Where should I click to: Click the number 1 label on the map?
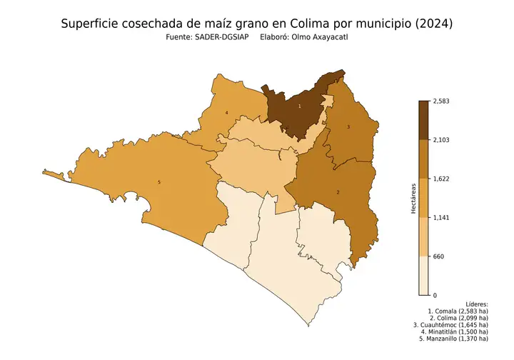(x=299, y=106)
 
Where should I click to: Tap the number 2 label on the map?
(x=337, y=192)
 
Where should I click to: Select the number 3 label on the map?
(x=348, y=126)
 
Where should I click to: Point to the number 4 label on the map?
(x=226, y=113)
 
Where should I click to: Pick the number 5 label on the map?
(x=158, y=183)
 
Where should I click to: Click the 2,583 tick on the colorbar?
(x=442, y=101)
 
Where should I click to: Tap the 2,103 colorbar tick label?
(x=442, y=140)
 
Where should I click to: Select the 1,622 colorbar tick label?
(x=442, y=179)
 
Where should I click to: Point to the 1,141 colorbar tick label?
(x=442, y=217)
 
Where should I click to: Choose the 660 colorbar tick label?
(x=439, y=256)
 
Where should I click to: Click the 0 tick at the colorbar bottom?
(x=435, y=295)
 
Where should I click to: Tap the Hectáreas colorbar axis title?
(x=413, y=198)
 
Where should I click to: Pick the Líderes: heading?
(x=475, y=304)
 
